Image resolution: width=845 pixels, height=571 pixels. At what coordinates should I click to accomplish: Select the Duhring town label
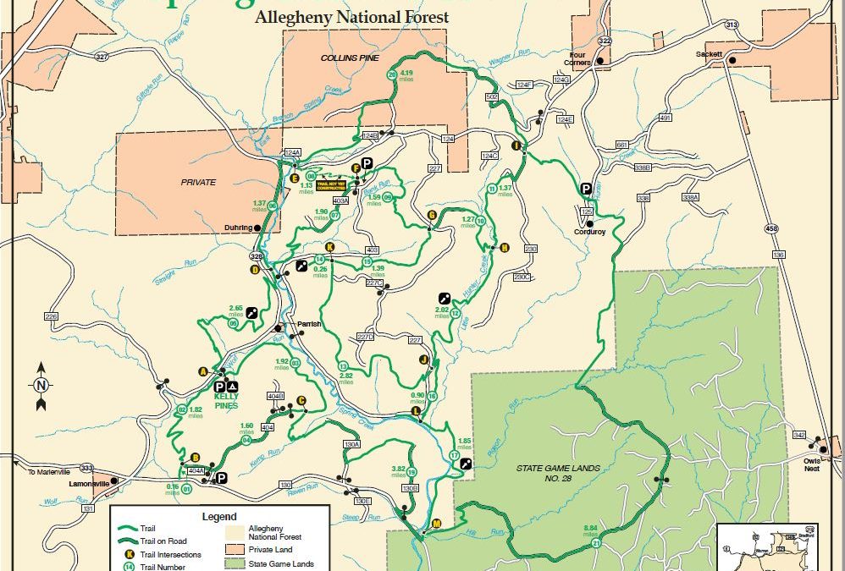coord(239,227)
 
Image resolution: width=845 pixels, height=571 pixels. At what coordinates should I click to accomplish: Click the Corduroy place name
coord(589,232)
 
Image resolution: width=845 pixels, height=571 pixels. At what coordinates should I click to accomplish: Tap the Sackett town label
coord(710,53)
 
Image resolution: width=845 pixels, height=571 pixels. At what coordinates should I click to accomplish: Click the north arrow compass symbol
coord(40,385)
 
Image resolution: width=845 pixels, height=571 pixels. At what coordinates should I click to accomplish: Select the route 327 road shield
coord(102,57)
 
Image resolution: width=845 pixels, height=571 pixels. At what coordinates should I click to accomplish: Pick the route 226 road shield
coord(51,316)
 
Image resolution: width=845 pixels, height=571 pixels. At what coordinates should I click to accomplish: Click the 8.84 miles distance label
coord(590,533)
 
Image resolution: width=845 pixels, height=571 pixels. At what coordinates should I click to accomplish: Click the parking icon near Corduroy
coord(585,189)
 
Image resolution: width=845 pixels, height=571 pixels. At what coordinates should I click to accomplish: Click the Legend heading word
coord(218,516)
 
